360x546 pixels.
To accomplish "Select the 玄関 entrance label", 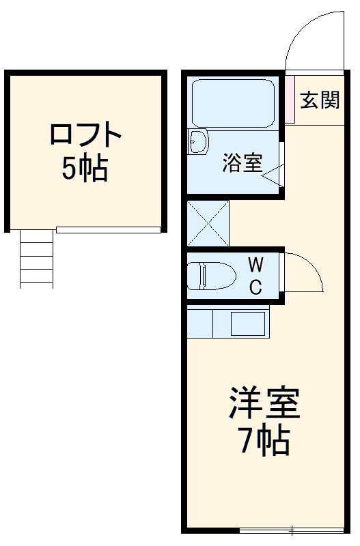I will click(320, 100).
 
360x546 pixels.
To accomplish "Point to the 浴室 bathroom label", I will click(242, 163).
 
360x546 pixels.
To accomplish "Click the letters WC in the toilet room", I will click(255, 276).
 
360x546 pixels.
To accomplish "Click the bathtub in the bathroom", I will click(232, 102).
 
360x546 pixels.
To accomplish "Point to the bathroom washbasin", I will click(198, 142).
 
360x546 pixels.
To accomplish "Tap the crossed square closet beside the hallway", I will click(208, 223).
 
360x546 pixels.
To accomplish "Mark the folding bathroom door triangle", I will click(274, 175).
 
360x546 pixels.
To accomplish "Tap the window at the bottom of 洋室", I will click(291, 530).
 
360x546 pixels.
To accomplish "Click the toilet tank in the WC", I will click(194, 276).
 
